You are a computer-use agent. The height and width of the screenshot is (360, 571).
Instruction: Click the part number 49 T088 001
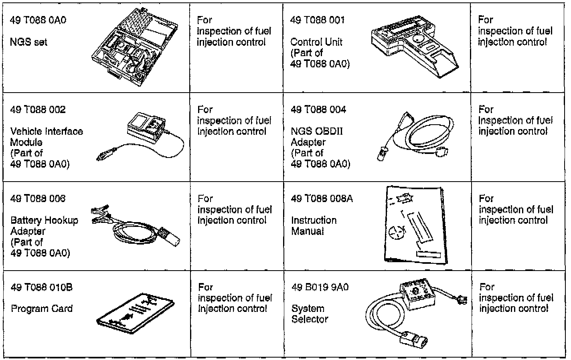pyautogui.click(x=317, y=20)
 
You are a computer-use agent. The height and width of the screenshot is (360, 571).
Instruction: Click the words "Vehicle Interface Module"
pyautogui.click(x=47, y=137)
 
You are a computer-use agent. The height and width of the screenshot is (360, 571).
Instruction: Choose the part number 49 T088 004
pyautogui.click(x=318, y=109)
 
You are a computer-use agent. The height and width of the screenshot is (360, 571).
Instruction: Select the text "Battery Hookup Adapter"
pyautogui.click(x=44, y=226)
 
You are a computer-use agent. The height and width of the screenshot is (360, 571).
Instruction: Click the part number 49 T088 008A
pyautogui.click(x=322, y=198)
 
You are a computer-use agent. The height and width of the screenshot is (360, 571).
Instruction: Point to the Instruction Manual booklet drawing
pyautogui.click(x=415, y=224)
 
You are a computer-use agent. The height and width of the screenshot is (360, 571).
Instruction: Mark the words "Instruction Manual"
pyautogui.click(x=314, y=226)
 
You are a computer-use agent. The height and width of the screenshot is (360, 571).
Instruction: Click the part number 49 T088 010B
pyautogui.click(x=42, y=287)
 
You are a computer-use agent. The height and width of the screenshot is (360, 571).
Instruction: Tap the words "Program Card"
pyautogui.click(x=42, y=309)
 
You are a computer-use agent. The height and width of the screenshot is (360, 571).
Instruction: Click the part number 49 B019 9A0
pyautogui.click(x=320, y=287)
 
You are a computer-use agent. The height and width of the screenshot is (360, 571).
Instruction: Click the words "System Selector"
pyautogui.click(x=310, y=314)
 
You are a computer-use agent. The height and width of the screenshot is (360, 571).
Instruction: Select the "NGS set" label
pyautogui.click(x=28, y=42)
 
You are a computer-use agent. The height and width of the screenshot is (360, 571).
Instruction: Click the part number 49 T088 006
pyautogui.click(x=38, y=198)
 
